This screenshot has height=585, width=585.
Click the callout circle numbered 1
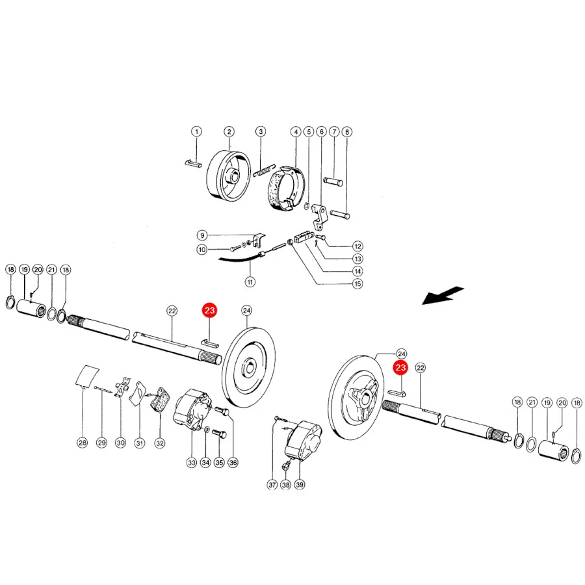pyautogui.click(x=196, y=131)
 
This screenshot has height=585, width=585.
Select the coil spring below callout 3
pyautogui.click(x=264, y=170)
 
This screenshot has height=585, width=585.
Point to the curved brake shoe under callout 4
pyautogui.click(x=287, y=188)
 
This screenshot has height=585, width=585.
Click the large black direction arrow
pyautogui.click(x=443, y=295)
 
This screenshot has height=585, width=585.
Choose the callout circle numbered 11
pyautogui.click(x=250, y=281)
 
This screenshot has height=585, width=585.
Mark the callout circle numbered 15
pyautogui.click(x=357, y=283)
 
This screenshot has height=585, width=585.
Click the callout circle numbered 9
pyautogui.click(x=202, y=235)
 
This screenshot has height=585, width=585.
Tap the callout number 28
pyautogui.click(x=82, y=443)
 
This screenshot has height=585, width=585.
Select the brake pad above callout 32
pyautogui.click(x=160, y=399)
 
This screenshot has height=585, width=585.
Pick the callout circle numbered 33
pyautogui.click(x=191, y=463)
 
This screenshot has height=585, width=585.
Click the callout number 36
pyautogui.click(x=233, y=463)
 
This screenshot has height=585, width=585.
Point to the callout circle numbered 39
pyautogui.click(x=300, y=485)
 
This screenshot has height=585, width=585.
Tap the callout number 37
pyautogui.click(x=272, y=485)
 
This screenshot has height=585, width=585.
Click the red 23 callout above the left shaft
pyautogui.click(x=209, y=311)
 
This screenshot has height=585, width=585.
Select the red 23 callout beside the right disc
pyautogui.click(x=400, y=367)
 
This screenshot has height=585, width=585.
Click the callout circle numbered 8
pyautogui.click(x=347, y=132)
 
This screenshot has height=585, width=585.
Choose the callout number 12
pyautogui.click(x=357, y=246)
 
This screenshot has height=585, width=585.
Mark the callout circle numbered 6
pyautogui.click(x=321, y=132)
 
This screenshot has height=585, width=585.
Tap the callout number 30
pyautogui.click(x=120, y=443)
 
